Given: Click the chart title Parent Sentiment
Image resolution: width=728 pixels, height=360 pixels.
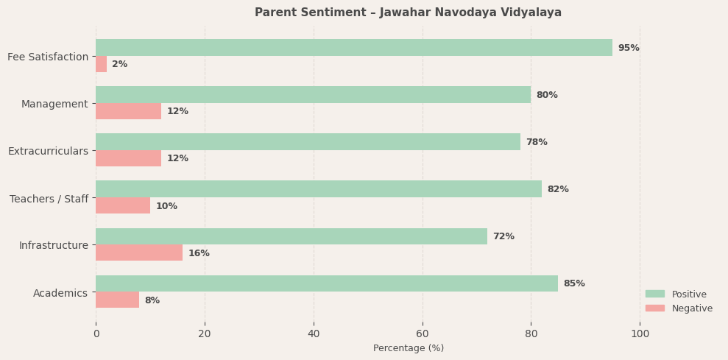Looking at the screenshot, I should [408, 13].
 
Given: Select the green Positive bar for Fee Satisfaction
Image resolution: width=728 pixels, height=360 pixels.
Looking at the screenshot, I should [353, 48].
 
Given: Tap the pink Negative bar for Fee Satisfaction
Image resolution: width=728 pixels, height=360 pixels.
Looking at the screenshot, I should [102, 64].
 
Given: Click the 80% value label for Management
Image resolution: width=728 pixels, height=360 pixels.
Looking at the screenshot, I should [546, 95].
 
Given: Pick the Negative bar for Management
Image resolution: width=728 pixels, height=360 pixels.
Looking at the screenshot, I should [128, 111].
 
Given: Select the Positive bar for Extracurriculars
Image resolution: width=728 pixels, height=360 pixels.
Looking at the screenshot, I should [308, 142].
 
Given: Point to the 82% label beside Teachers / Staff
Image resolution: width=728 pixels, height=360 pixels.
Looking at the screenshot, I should [557, 189].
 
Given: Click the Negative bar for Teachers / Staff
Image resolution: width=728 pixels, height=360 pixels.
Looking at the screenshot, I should [123, 205].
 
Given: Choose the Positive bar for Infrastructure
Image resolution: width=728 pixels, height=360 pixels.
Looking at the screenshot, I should [291, 236].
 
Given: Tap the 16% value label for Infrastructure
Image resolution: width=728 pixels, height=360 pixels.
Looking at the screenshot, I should [199, 253].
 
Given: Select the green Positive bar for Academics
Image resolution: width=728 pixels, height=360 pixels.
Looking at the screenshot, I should [326, 283].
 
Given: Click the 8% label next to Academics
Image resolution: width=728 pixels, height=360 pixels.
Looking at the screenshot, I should [152, 300].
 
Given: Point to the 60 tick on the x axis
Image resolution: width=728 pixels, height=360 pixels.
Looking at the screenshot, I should [423, 333].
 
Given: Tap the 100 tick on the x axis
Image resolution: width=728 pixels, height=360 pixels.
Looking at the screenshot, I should [640, 333].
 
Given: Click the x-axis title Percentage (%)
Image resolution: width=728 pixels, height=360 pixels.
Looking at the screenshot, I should [408, 348].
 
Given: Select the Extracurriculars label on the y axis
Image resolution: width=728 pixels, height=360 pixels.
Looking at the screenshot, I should [48, 151].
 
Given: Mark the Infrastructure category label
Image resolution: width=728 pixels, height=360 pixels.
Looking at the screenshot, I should [53, 245].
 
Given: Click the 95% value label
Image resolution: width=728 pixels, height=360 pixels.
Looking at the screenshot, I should [628, 48].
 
